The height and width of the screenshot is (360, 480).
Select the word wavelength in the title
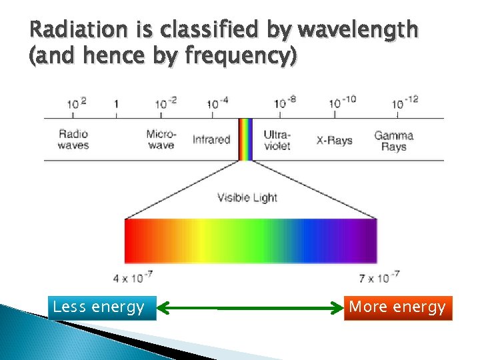click(359, 31)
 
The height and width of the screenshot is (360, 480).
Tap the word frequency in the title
click(237, 57)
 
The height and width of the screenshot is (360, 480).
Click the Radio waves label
click(73, 139)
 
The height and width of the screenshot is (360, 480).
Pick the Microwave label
click(161, 139)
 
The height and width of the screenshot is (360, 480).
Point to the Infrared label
click(211, 139)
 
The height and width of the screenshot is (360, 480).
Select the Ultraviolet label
click(277, 139)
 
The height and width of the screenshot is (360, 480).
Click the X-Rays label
click(334, 140)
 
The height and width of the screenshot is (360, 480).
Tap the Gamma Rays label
click(393, 140)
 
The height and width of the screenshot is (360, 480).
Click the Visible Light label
click(247, 197)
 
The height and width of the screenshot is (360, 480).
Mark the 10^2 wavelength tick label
click(77, 103)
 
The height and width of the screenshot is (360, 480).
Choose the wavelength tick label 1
click(117, 104)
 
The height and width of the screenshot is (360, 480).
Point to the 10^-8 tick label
click(285, 103)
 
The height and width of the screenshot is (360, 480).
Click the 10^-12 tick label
click(405, 103)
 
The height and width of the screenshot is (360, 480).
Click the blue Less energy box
click(102, 307)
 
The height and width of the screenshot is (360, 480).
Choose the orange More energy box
click(397, 307)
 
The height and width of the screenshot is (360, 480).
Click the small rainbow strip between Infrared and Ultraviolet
click(246, 139)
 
